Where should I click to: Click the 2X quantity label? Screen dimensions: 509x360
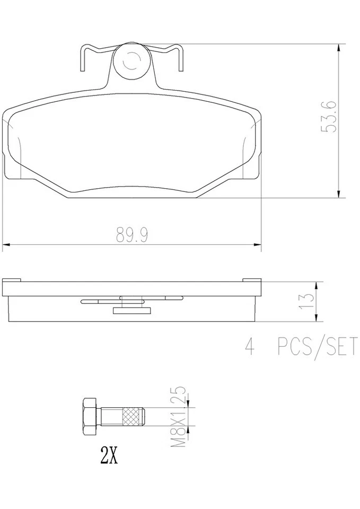[108, 455]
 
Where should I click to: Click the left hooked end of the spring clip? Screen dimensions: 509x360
[81, 58]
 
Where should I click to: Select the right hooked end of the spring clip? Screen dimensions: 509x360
[181, 58]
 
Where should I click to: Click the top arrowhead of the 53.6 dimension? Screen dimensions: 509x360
[339, 48]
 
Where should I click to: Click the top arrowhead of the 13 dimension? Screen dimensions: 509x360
[317, 285]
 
